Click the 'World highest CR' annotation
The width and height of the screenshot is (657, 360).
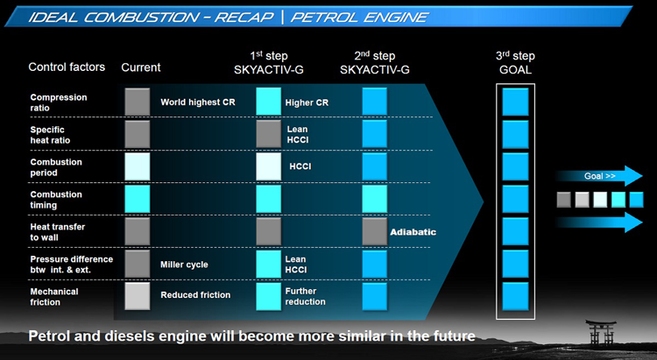pos(198,102)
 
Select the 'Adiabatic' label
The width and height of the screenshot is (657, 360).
pos(413,232)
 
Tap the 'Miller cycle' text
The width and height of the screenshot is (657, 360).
pos(184,265)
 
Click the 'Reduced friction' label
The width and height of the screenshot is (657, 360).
pos(195,294)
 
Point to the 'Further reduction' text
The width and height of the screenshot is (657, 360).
pos(305,296)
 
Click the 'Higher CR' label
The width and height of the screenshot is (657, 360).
pos(307,102)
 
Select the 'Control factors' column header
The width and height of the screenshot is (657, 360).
pos(67,67)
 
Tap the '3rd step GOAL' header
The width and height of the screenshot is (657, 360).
pos(515,63)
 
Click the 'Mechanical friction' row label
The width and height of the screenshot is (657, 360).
pos(54,297)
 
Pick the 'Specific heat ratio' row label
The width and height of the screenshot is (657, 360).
pos(50,135)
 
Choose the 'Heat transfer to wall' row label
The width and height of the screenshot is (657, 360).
pos(58,232)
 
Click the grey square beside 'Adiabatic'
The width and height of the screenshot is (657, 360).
pos(375,232)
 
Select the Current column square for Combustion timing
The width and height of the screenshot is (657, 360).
pos(138,199)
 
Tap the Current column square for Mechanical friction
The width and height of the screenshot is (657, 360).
pos(138,296)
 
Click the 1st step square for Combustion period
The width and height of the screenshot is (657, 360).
pos(269,166)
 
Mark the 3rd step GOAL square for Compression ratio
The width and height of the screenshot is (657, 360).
pos(515,102)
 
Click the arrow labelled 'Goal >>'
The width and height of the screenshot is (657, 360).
pos(599,176)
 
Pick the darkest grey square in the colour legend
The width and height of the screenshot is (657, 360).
pos(564,200)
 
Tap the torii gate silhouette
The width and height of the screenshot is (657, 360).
pos(601,332)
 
